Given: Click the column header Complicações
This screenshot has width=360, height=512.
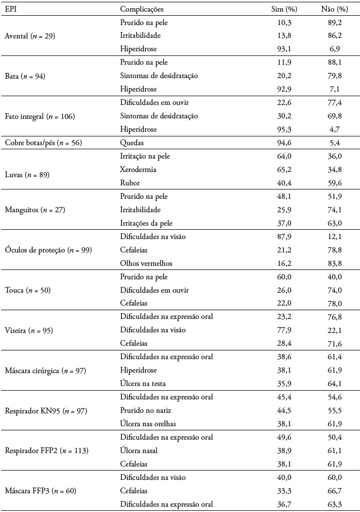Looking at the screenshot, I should (x=141, y=10).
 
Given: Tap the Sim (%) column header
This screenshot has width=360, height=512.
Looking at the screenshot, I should (x=285, y=10).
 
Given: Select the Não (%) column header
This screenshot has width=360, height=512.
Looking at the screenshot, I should (x=335, y=10).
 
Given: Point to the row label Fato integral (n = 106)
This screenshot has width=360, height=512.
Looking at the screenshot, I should (x=39, y=116).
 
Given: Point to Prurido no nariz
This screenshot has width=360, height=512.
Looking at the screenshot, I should (x=144, y=411).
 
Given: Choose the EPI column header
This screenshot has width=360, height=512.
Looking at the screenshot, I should (x=11, y=10).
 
